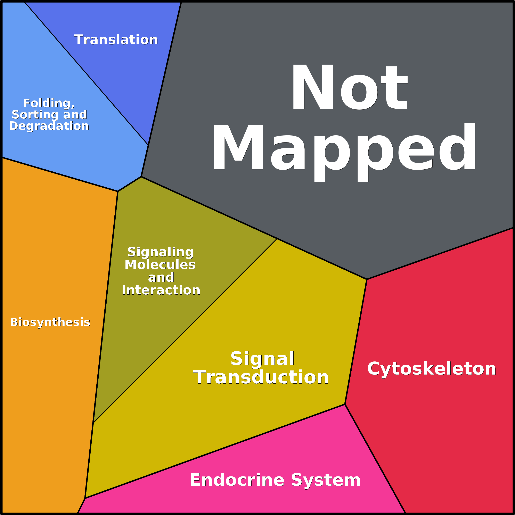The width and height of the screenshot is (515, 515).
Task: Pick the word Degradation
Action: (x=49, y=126)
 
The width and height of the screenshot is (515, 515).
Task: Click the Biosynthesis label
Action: (x=50, y=322)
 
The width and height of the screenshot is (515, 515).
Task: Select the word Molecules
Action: (x=160, y=265)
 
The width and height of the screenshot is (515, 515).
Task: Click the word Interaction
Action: (x=161, y=290)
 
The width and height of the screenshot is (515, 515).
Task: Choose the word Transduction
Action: (x=261, y=377)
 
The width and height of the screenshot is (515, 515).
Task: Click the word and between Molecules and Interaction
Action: (x=161, y=278)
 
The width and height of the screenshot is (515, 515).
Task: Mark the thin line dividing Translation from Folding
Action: (x=86, y=73)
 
